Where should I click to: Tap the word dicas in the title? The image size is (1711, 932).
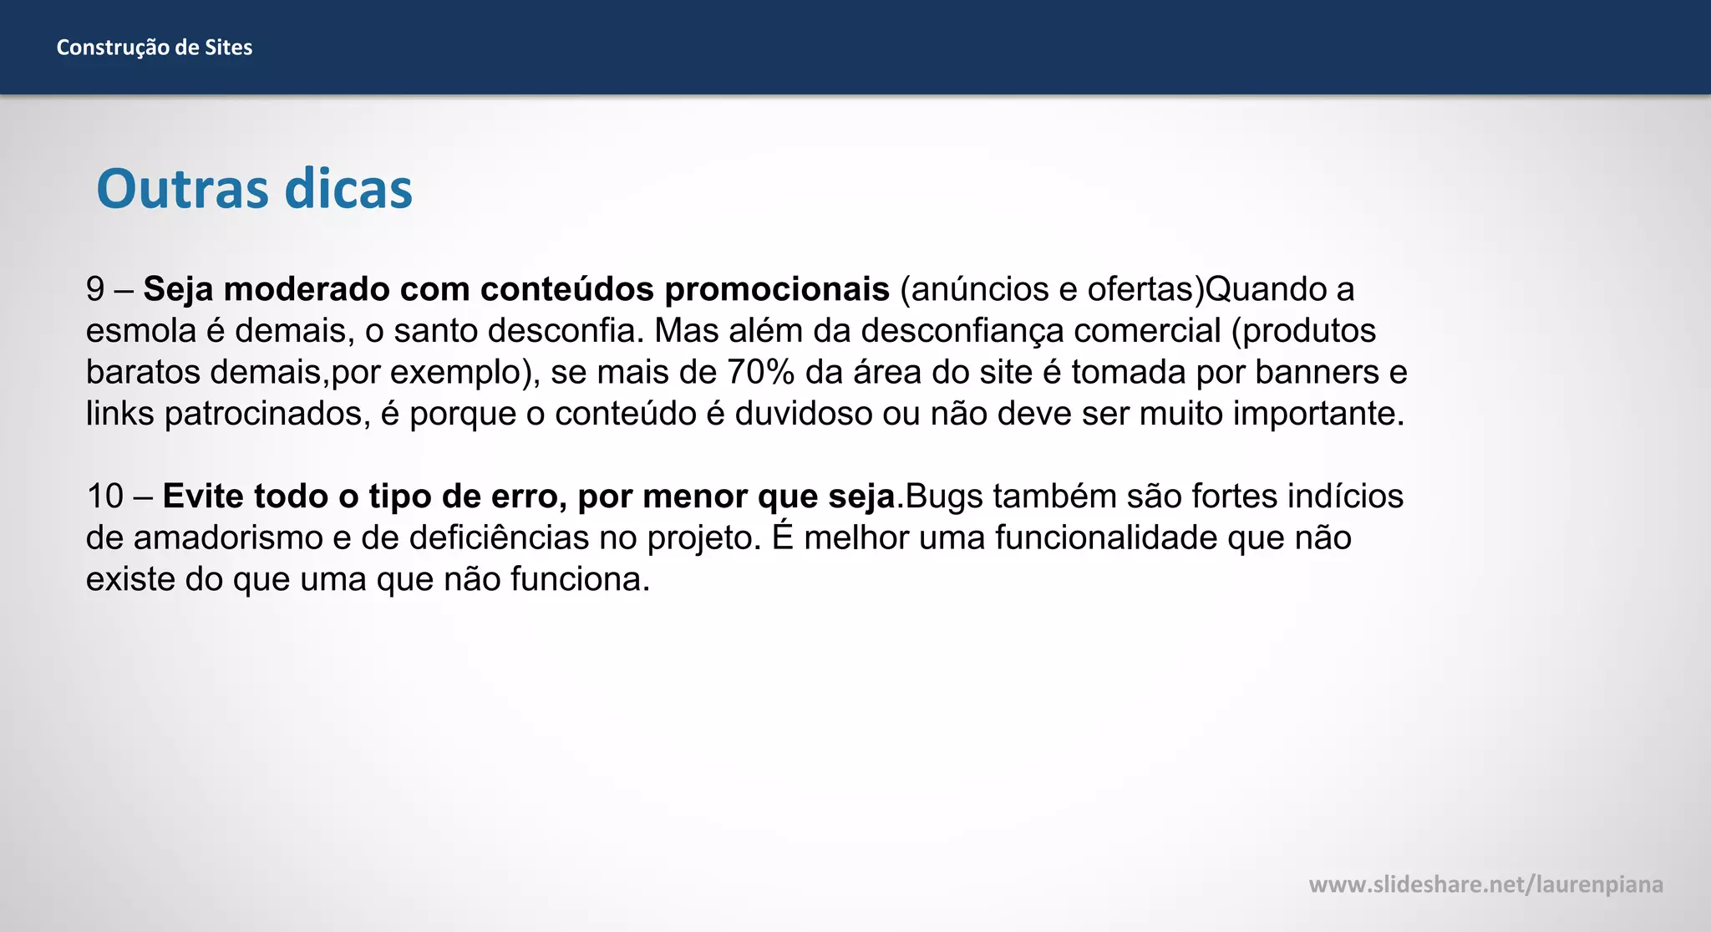(x=348, y=189)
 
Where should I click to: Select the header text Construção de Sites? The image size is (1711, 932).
(x=155, y=48)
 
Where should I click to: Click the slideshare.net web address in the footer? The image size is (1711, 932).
(x=1485, y=884)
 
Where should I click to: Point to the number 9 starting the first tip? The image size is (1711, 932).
(x=95, y=289)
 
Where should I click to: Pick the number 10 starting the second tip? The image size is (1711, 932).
(x=104, y=497)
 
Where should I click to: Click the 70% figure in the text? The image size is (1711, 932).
(x=760, y=372)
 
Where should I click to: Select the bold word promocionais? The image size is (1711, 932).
(x=777, y=289)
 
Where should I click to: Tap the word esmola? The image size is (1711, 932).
(x=140, y=331)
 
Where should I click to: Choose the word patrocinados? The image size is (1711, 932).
(x=267, y=414)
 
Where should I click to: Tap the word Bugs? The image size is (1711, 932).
(x=944, y=497)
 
